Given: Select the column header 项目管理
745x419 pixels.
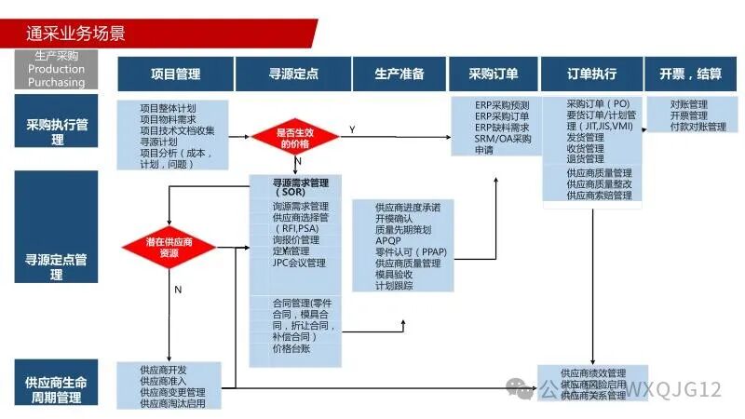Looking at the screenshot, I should [175, 74].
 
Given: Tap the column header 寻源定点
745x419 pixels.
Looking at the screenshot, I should [292, 74].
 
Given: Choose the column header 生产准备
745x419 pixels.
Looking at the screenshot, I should [399, 74].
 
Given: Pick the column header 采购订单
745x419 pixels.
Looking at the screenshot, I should [494, 74].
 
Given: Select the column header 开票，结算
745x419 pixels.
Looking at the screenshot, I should [690, 74].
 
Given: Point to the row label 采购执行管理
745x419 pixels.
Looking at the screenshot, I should [57, 131].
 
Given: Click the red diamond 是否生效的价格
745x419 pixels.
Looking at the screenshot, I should [293, 139].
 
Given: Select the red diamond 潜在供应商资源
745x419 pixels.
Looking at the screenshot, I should [169, 247].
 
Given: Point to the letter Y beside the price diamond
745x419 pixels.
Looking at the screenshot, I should [351, 128].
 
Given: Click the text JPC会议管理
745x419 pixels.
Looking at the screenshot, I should [299, 264].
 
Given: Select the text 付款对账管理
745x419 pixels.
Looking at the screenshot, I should [698, 127].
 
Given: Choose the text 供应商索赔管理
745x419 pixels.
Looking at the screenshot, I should [599, 196].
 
